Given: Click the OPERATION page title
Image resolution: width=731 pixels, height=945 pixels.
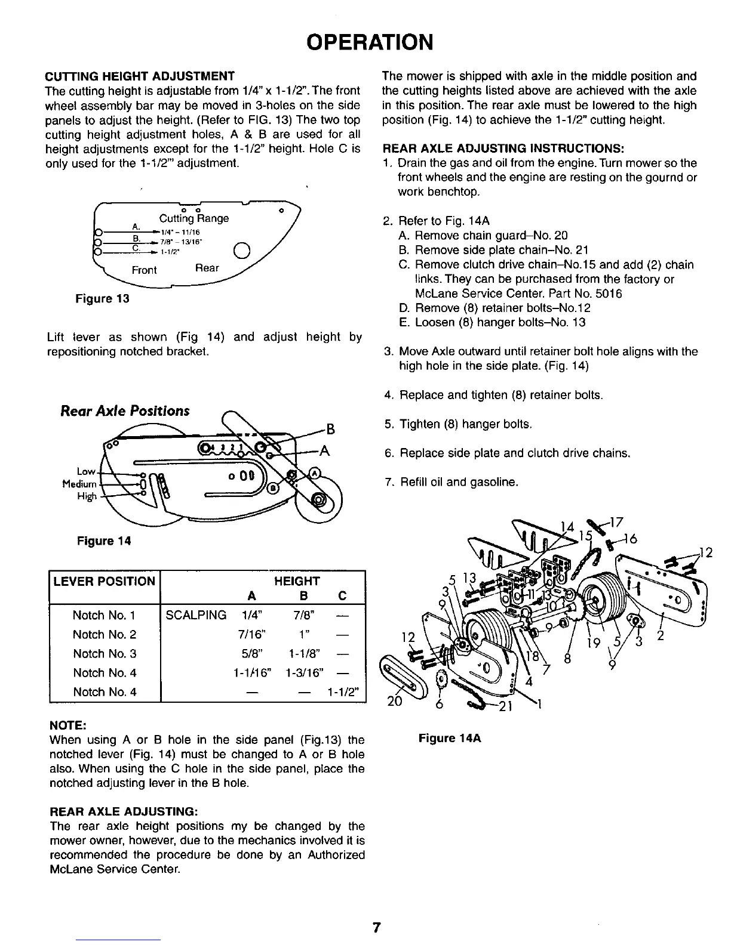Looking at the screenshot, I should coord(368,42).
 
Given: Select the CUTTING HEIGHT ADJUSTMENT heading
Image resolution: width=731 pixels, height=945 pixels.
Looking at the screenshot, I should coord(140,76).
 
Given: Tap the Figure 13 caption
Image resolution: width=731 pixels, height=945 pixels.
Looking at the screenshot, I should coord(102,298).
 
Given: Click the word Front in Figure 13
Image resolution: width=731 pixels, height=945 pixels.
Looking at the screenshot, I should coord(144,270).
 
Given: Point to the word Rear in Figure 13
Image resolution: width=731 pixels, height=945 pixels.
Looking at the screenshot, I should coord(207,268).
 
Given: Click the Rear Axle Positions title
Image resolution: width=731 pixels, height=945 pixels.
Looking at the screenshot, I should coord(125,411).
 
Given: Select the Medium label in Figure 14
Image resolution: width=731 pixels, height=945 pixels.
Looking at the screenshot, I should coord(79,483).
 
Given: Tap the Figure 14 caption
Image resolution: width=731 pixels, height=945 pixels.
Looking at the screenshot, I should coord(103,541).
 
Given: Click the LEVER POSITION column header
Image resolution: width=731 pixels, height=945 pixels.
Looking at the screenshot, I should coord(105,581).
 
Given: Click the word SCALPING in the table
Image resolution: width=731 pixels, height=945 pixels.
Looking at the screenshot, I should coord(196,615).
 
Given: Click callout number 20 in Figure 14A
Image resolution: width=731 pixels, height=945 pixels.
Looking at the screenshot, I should coord(392,702).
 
